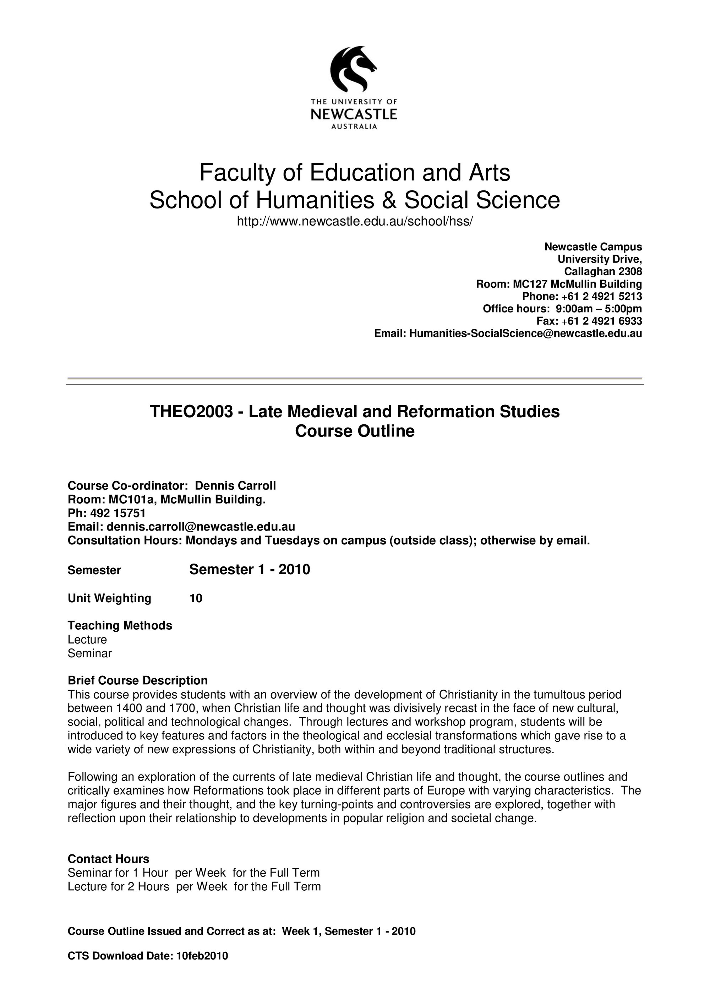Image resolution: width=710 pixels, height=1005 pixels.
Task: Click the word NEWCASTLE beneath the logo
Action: [354, 115]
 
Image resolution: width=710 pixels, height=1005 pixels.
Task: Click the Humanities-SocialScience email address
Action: [525, 333]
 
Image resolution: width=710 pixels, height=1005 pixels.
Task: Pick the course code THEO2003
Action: [191, 412]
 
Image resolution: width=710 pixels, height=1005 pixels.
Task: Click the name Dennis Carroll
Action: [235, 486]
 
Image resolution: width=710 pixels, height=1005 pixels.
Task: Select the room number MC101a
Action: [131, 499]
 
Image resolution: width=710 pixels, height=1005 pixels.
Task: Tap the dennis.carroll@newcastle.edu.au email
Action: [201, 527]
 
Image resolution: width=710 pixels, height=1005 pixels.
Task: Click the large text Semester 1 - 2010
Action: [249, 570]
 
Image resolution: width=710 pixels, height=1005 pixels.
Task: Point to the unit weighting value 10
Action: [196, 598]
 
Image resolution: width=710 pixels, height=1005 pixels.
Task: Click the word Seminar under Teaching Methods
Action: [90, 653]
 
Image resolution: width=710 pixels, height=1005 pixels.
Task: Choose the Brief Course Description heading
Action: [138, 681]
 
